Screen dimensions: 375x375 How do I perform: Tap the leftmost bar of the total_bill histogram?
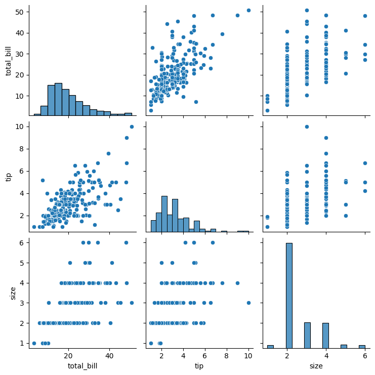point(37,114)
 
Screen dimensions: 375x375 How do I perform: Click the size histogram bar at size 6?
point(361,347)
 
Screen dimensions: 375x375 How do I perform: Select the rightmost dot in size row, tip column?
point(248,303)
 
